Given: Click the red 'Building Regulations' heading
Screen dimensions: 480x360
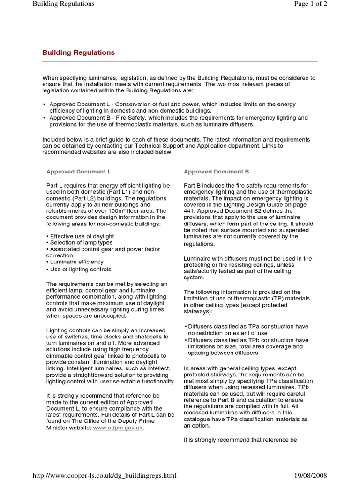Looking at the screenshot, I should point(78,53).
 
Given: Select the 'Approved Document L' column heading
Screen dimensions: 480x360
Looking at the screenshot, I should point(78,172).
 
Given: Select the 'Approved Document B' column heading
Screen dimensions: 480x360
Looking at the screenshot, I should point(216,172).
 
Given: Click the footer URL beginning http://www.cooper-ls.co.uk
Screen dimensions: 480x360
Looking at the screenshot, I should point(105,475).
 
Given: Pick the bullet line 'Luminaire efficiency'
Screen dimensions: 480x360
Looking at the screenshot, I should point(74,262).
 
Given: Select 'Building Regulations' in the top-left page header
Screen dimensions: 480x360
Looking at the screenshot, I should point(63,4).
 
